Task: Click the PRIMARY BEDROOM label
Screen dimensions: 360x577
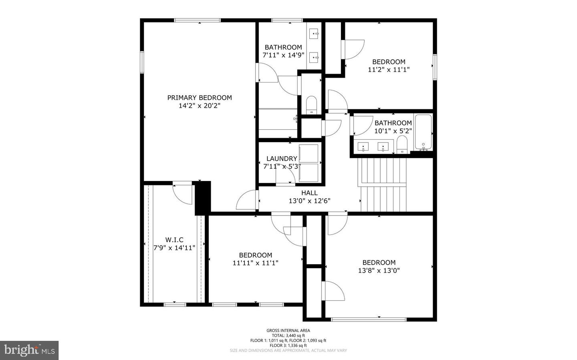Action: [x=199, y=98]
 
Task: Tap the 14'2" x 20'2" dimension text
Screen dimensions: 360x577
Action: [x=199, y=106]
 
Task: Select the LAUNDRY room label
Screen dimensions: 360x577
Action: [x=282, y=159]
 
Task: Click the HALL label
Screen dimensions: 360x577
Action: [x=309, y=193]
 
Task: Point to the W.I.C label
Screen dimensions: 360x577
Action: [x=174, y=240]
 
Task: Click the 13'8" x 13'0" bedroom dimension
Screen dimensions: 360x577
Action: [x=379, y=270]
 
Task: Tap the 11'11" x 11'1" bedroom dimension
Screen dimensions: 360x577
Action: [x=255, y=263]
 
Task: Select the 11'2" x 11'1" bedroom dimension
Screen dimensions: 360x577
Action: [x=389, y=69]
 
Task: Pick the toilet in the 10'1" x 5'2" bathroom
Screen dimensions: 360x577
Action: [x=402, y=144]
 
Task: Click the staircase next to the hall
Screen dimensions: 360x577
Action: [x=383, y=184]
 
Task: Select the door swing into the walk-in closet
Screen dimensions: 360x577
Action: [x=183, y=193]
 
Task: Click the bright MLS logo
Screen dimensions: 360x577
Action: [x=29, y=350]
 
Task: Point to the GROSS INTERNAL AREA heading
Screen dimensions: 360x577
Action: [x=288, y=330]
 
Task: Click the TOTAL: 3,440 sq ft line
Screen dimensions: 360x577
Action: [x=288, y=336]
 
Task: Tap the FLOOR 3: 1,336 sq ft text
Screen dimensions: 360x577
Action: [x=288, y=345]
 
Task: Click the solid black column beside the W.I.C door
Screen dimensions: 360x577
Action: [x=203, y=198]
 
